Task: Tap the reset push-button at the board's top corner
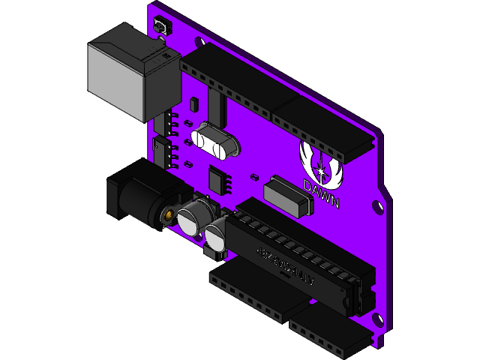click(x=160, y=27)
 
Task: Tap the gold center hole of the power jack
click(x=169, y=217)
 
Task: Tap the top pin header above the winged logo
click(x=322, y=127)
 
